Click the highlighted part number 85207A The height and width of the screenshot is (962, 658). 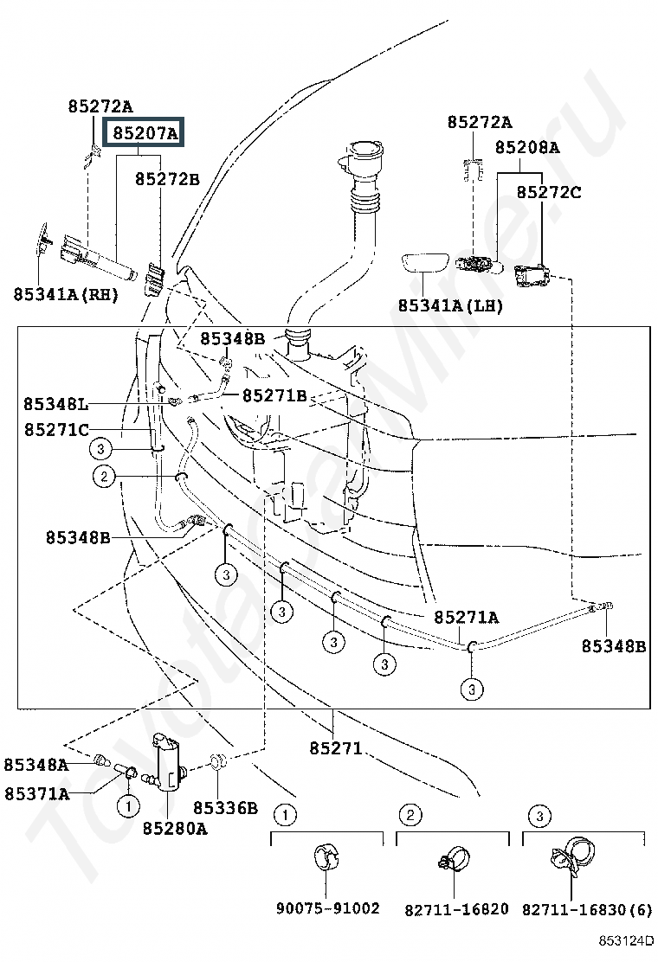(x=145, y=133)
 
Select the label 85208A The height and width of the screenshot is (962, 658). (x=527, y=147)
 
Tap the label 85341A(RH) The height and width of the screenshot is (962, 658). (x=66, y=294)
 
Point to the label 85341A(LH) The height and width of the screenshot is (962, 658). (x=450, y=305)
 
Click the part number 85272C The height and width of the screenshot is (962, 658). (x=549, y=192)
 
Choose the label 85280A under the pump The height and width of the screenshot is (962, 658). (x=175, y=828)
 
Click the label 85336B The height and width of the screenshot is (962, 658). (x=226, y=808)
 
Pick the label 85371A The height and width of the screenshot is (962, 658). (x=37, y=794)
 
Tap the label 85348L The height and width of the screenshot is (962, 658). (x=56, y=404)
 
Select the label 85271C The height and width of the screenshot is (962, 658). (x=56, y=429)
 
